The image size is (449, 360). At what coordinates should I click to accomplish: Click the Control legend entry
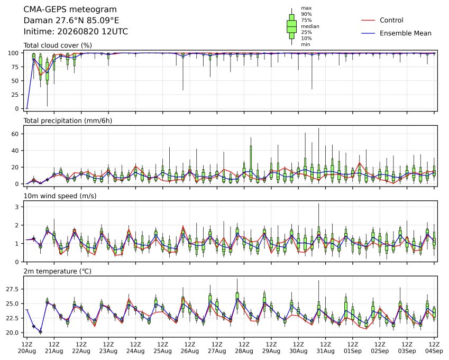tap(382, 20)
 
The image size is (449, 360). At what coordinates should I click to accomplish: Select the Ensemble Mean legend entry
tap(396, 33)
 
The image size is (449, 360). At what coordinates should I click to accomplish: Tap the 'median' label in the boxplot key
tap(310, 26)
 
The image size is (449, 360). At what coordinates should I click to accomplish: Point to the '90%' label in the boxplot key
tap(306, 14)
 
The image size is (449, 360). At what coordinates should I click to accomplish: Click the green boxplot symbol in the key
tap(291, 26)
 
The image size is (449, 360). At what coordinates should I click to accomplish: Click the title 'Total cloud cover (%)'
tap(58, 45)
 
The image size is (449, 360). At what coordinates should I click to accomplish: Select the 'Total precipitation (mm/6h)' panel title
tap(68, 121)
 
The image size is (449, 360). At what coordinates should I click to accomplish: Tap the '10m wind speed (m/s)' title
tap(60, 196)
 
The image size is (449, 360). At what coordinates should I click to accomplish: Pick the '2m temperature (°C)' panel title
tap(57, 271)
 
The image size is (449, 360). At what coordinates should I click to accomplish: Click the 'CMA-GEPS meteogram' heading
tap(70, 10)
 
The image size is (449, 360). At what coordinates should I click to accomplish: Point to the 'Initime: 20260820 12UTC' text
tap(76, 32)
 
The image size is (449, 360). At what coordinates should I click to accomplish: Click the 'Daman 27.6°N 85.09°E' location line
tap(71, 21)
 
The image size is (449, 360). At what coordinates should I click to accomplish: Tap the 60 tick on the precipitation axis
tap(15, 134)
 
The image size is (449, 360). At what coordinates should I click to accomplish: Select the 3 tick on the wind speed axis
tap(17, 207)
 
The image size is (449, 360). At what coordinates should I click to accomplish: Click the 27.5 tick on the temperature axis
tap(12, 289)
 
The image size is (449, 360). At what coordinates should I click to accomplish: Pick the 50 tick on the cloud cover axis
tap(15, 81)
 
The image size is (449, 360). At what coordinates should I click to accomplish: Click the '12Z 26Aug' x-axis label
tap(189, 347)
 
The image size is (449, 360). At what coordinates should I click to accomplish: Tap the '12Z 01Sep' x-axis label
tap(353, 347)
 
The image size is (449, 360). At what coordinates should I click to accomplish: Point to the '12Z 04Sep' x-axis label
tap(434, 347)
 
